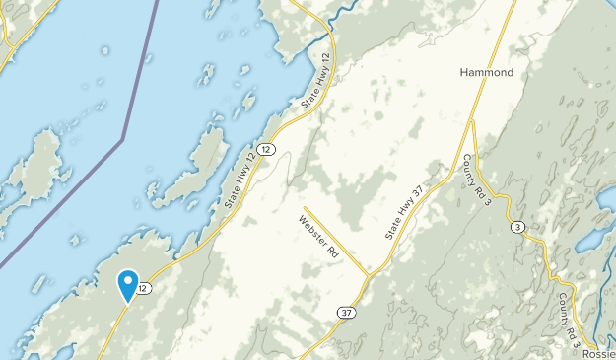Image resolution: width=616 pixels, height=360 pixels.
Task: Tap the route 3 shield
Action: tap(517, 228)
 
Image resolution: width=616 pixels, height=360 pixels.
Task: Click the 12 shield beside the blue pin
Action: tap(145, 288)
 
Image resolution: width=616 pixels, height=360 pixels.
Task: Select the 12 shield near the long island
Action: tap(269, 148)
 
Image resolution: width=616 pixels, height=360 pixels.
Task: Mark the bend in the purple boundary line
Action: tap(122, 141)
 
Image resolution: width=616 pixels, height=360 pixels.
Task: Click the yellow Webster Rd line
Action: tap(335, 238)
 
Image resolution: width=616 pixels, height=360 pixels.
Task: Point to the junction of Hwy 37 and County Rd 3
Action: tap(472, 121)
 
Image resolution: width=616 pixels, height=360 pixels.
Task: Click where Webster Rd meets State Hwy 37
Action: tap(368, 273)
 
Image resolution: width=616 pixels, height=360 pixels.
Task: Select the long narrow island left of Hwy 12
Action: tap(193, 168)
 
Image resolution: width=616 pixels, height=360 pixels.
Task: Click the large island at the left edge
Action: tap(34, 168)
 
